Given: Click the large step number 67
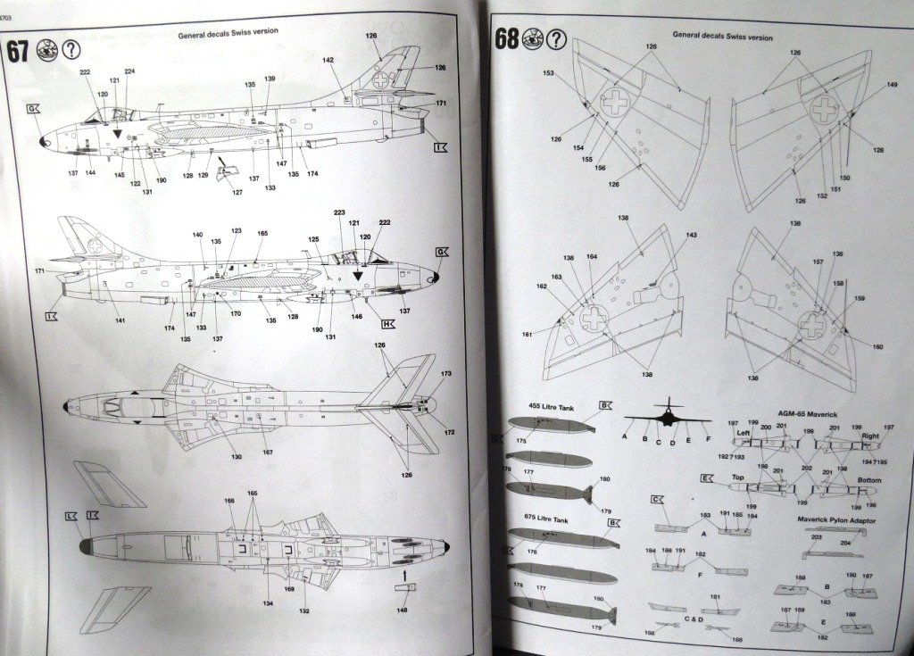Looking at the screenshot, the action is tap(20, 51).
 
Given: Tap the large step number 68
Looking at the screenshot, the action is tap(508, 39).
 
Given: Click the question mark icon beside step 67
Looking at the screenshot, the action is tap(71, 50).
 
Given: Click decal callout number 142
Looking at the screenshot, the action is tap(328, 60).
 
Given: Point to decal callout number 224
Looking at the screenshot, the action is tap(129, 71).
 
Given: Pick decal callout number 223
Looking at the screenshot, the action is tap(339, 212).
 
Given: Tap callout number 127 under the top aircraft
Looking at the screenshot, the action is tap(237, 193).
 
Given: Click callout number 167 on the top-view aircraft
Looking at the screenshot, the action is tap(267, 452).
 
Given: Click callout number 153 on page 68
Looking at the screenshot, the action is tap(548, 73).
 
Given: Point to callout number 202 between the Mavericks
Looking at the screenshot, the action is tap(807, 468).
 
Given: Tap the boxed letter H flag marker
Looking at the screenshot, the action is tap(388, 324).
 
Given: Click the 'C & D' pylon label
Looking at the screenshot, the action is tap(693, 619).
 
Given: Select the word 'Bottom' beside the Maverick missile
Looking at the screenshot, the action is tap(868, 479).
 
